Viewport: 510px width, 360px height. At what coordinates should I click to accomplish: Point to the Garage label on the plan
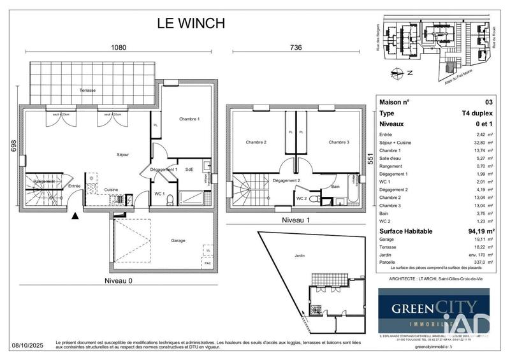[178, 240]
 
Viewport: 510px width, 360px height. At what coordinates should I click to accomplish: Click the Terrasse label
[87, 90]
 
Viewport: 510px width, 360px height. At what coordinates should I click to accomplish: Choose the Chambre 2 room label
[256, 142]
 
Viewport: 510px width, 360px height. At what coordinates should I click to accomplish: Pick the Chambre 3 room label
[340, 142]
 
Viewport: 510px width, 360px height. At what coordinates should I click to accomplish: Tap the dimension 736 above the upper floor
[296, 48]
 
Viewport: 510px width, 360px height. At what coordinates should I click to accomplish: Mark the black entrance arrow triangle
[76, 216]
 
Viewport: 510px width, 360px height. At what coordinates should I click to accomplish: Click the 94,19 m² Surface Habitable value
[478, 231]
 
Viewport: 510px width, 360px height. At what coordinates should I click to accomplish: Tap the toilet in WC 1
[170, 199]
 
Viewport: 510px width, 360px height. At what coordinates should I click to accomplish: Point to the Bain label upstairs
[335, 187]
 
